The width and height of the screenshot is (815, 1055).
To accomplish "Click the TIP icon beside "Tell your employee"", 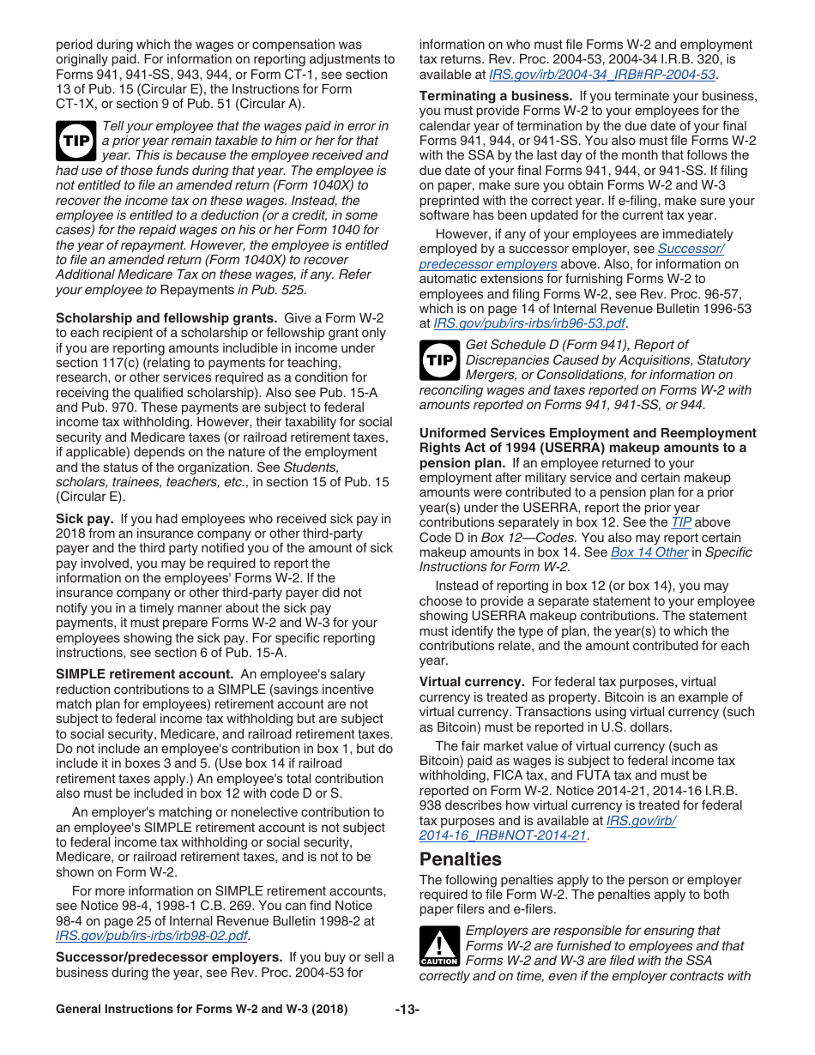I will pyautogui.click(x=75, y=141).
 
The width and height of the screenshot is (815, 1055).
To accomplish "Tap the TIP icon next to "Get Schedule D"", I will pyautogui.click(x=439, y=360).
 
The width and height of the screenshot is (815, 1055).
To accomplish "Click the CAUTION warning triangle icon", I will pyautogui.click(x=439, y=946).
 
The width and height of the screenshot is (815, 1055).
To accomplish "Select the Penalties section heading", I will pyautogui.click(x=461, y=859).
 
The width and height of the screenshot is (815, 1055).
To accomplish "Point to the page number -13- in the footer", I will pyautogui.click(x=407, y=1010).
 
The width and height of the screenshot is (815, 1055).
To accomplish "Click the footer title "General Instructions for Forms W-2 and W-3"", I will pyautogui.click(x=202, y=1010).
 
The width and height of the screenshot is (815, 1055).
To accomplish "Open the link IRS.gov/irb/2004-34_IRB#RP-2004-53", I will pyautogui.click(x=601, y=75).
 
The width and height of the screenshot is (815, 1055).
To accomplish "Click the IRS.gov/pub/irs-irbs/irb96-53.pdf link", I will pyautogui.click(x=529, y=323).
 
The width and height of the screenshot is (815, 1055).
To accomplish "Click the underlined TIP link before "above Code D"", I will pyautogui.click(x=680, y=522).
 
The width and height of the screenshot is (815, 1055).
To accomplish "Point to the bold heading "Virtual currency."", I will pyautogui.click(x=471, y=682).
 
